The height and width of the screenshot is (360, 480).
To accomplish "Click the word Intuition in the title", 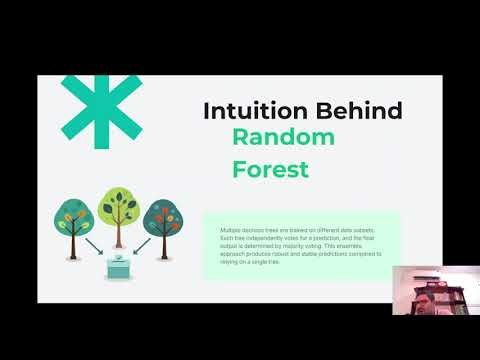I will click(240, 111).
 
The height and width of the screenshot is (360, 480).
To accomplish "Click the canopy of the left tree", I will click(75, 214).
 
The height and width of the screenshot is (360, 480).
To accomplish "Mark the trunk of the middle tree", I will click(119, 236).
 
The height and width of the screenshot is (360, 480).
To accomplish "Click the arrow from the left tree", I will click(95, 246).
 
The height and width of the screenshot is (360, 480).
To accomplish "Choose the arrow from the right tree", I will click(142, 246).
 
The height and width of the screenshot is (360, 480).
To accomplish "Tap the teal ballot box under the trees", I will click(119, 268).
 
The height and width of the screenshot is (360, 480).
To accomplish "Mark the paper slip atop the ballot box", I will click(119, 255).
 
